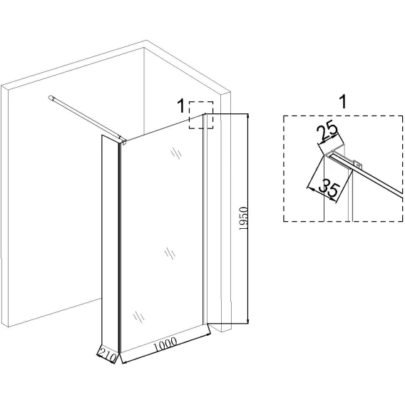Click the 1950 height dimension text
[x=244, y=218]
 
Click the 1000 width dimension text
[x=165, y=344]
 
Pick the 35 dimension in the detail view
[x=329, y=188]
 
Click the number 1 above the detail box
[x=342, y=101]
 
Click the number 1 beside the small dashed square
[x=181, y=106]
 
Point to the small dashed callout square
[x=201, y=115]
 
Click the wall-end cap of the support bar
[x=51, y=98]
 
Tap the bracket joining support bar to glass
[x=123, y=141]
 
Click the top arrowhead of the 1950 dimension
[x=248, y=116]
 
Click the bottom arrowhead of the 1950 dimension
[x=248, y=322]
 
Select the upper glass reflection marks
[x=176, y=153]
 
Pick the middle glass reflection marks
[x=170, y=253]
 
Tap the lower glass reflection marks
[x=139, y=317]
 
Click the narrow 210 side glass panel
[x=111, y=245]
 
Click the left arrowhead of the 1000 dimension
[x=124, y=362]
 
